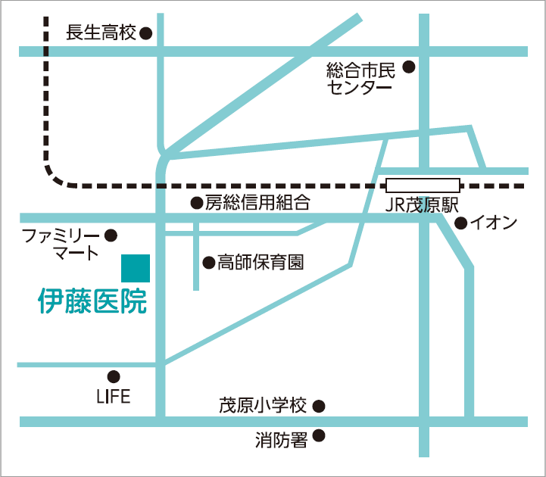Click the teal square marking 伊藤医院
tap(136, 268)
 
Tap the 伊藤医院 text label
tap(92, 301)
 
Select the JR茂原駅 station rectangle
tap(423, 185)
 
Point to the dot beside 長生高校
tap(146, 33)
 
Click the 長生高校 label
tap(101, 33)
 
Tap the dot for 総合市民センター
tap(409, 67)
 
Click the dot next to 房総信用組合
tap(196, 203)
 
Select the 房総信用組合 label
tap(257, 203)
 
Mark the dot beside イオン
tap(460, 223)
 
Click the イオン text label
tap(494, 223)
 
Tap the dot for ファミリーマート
tap(111, 235)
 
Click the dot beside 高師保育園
tap(207, 263)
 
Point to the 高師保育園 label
tap(261, 263)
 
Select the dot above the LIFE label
tap(114, 376)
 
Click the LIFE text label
tap(114, 396)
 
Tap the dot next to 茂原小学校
tap(319, 406)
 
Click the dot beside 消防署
tap(319, 436)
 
